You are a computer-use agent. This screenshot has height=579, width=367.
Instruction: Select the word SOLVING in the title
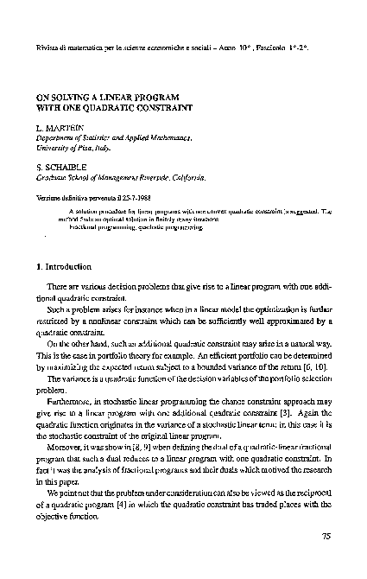point(70,99)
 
